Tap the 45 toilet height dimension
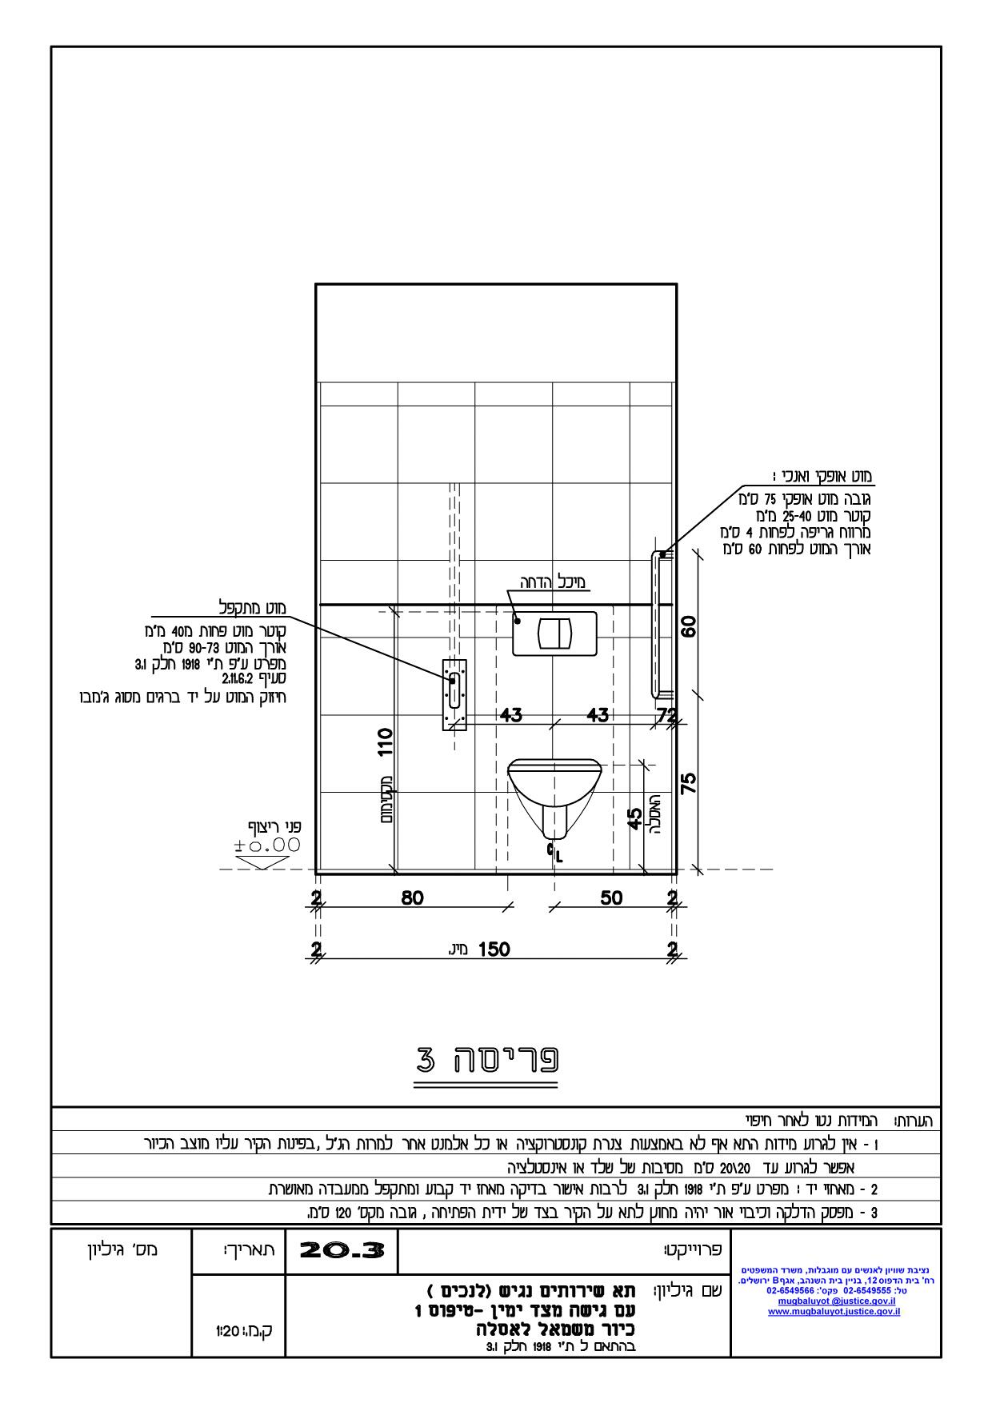tap(634, 819)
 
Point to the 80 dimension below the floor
tap(412, 898)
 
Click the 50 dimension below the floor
tap(611, 898)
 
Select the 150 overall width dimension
tap(494, 949)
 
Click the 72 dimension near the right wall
tap(666, 714)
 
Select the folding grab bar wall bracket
tap(454, 694)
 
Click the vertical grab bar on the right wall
tap(657, 625)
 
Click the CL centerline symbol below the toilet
tap(554, 853)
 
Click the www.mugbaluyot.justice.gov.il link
tap(834, 1311)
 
